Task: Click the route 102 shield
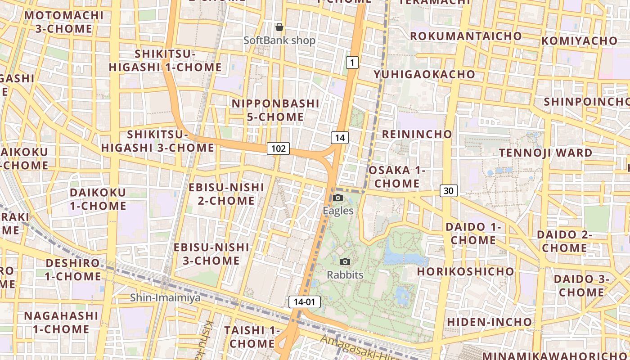tap(278, 148)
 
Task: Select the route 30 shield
tap(448, 191)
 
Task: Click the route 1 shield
tap(352, 63)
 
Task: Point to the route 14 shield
tap(340, 138)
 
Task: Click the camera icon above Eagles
tap(338, 198)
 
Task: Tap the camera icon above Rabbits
tap(345, 262)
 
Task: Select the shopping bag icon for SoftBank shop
tap(279, 27)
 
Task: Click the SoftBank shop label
tap(279, 40)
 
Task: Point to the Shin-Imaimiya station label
tap(165, 297)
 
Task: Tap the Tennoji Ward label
tap(546, 153)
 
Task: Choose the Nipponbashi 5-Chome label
tap(275, 110)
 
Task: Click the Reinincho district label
tap(417, 134)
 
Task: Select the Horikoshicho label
tap(465, 271)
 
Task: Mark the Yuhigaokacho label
tap(424, 74)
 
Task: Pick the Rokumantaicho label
tap(466, 36)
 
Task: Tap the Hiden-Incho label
tap(489, 322)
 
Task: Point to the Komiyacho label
tap(580, 41)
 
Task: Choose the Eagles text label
tap(338, 211)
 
